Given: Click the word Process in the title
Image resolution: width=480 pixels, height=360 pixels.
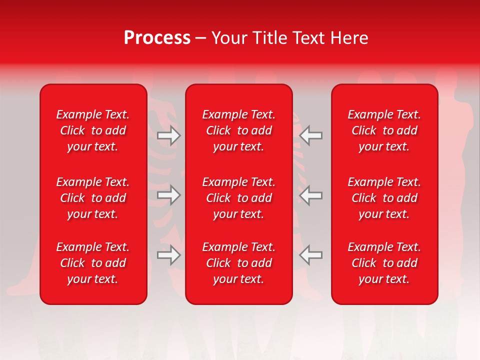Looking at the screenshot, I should tap(157, 38).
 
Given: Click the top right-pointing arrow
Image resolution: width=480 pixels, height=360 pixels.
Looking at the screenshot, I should tap(169, 135).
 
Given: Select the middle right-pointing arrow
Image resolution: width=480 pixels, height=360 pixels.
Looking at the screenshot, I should tap(169, 195).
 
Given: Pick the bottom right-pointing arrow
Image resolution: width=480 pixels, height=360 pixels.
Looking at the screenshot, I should tap(169, 255).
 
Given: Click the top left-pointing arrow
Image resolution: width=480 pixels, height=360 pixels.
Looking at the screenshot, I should tap(310, 135).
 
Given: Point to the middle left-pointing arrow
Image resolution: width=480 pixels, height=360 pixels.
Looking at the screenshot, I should tap(310, 195).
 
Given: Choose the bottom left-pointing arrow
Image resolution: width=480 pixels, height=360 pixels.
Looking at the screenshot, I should tap(310, 255).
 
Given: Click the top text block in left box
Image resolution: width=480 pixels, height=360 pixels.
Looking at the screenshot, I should tap(93, 130).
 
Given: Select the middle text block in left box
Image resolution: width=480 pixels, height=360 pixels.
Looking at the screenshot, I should tap(93, 198).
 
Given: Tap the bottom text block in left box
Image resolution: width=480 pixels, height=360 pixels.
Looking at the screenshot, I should tap(93, 263).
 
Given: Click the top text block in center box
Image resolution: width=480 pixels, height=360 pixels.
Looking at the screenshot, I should tap(238, 130).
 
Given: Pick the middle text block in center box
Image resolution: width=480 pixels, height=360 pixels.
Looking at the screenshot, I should tap(238, 198).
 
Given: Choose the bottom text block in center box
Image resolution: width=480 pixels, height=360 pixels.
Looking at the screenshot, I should tap(238, 263).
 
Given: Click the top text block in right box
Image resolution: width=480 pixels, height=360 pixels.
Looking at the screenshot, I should tap(384, 130).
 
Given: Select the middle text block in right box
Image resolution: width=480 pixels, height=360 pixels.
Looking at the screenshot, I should tap(384, 198).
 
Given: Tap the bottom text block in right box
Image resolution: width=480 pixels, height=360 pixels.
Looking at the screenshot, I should tap(384, 263).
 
